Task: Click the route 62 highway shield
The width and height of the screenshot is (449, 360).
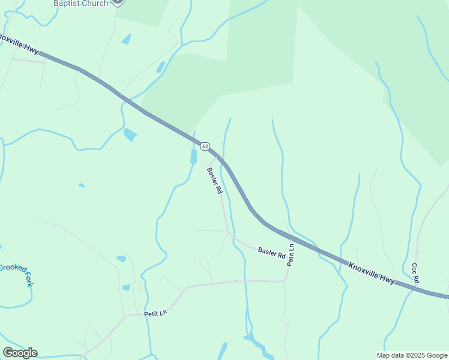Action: pyautogui.click(x=205, y=146)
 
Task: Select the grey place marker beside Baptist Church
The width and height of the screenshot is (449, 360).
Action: pyautogui.click(x=118, y=2)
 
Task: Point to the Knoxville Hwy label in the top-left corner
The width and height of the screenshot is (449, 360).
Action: pyautogui.click(x=18, y=43)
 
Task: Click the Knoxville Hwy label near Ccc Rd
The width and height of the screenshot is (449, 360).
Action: pyautogui.click(x=372, y=272)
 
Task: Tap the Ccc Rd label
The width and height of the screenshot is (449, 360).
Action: pyautogui.click(x=415, y=273)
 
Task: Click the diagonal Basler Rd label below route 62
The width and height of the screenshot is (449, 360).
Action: pyautogui.click(x=215, y=181)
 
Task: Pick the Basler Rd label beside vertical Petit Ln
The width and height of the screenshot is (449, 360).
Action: pyautogui.click(x=271, y=252)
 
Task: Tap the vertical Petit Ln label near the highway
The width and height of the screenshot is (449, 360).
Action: pyautogui.click(x=291, y=255)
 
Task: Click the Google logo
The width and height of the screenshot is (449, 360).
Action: pyautogui.click(x=20, y=353)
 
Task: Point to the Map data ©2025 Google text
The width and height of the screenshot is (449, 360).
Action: pyautogui.click(x=412, y=355)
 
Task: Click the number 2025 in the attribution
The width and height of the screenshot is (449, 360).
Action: pyautogui.click(x=417, y=355)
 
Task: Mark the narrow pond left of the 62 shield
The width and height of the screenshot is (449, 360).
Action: pyautogui.click(x=193, y=157)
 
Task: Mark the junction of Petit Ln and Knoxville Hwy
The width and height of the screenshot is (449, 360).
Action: pyautogui.click(x=292, y=236)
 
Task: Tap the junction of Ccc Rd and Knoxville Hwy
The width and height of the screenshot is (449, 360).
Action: pyautogui.click(x=416, y=289)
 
